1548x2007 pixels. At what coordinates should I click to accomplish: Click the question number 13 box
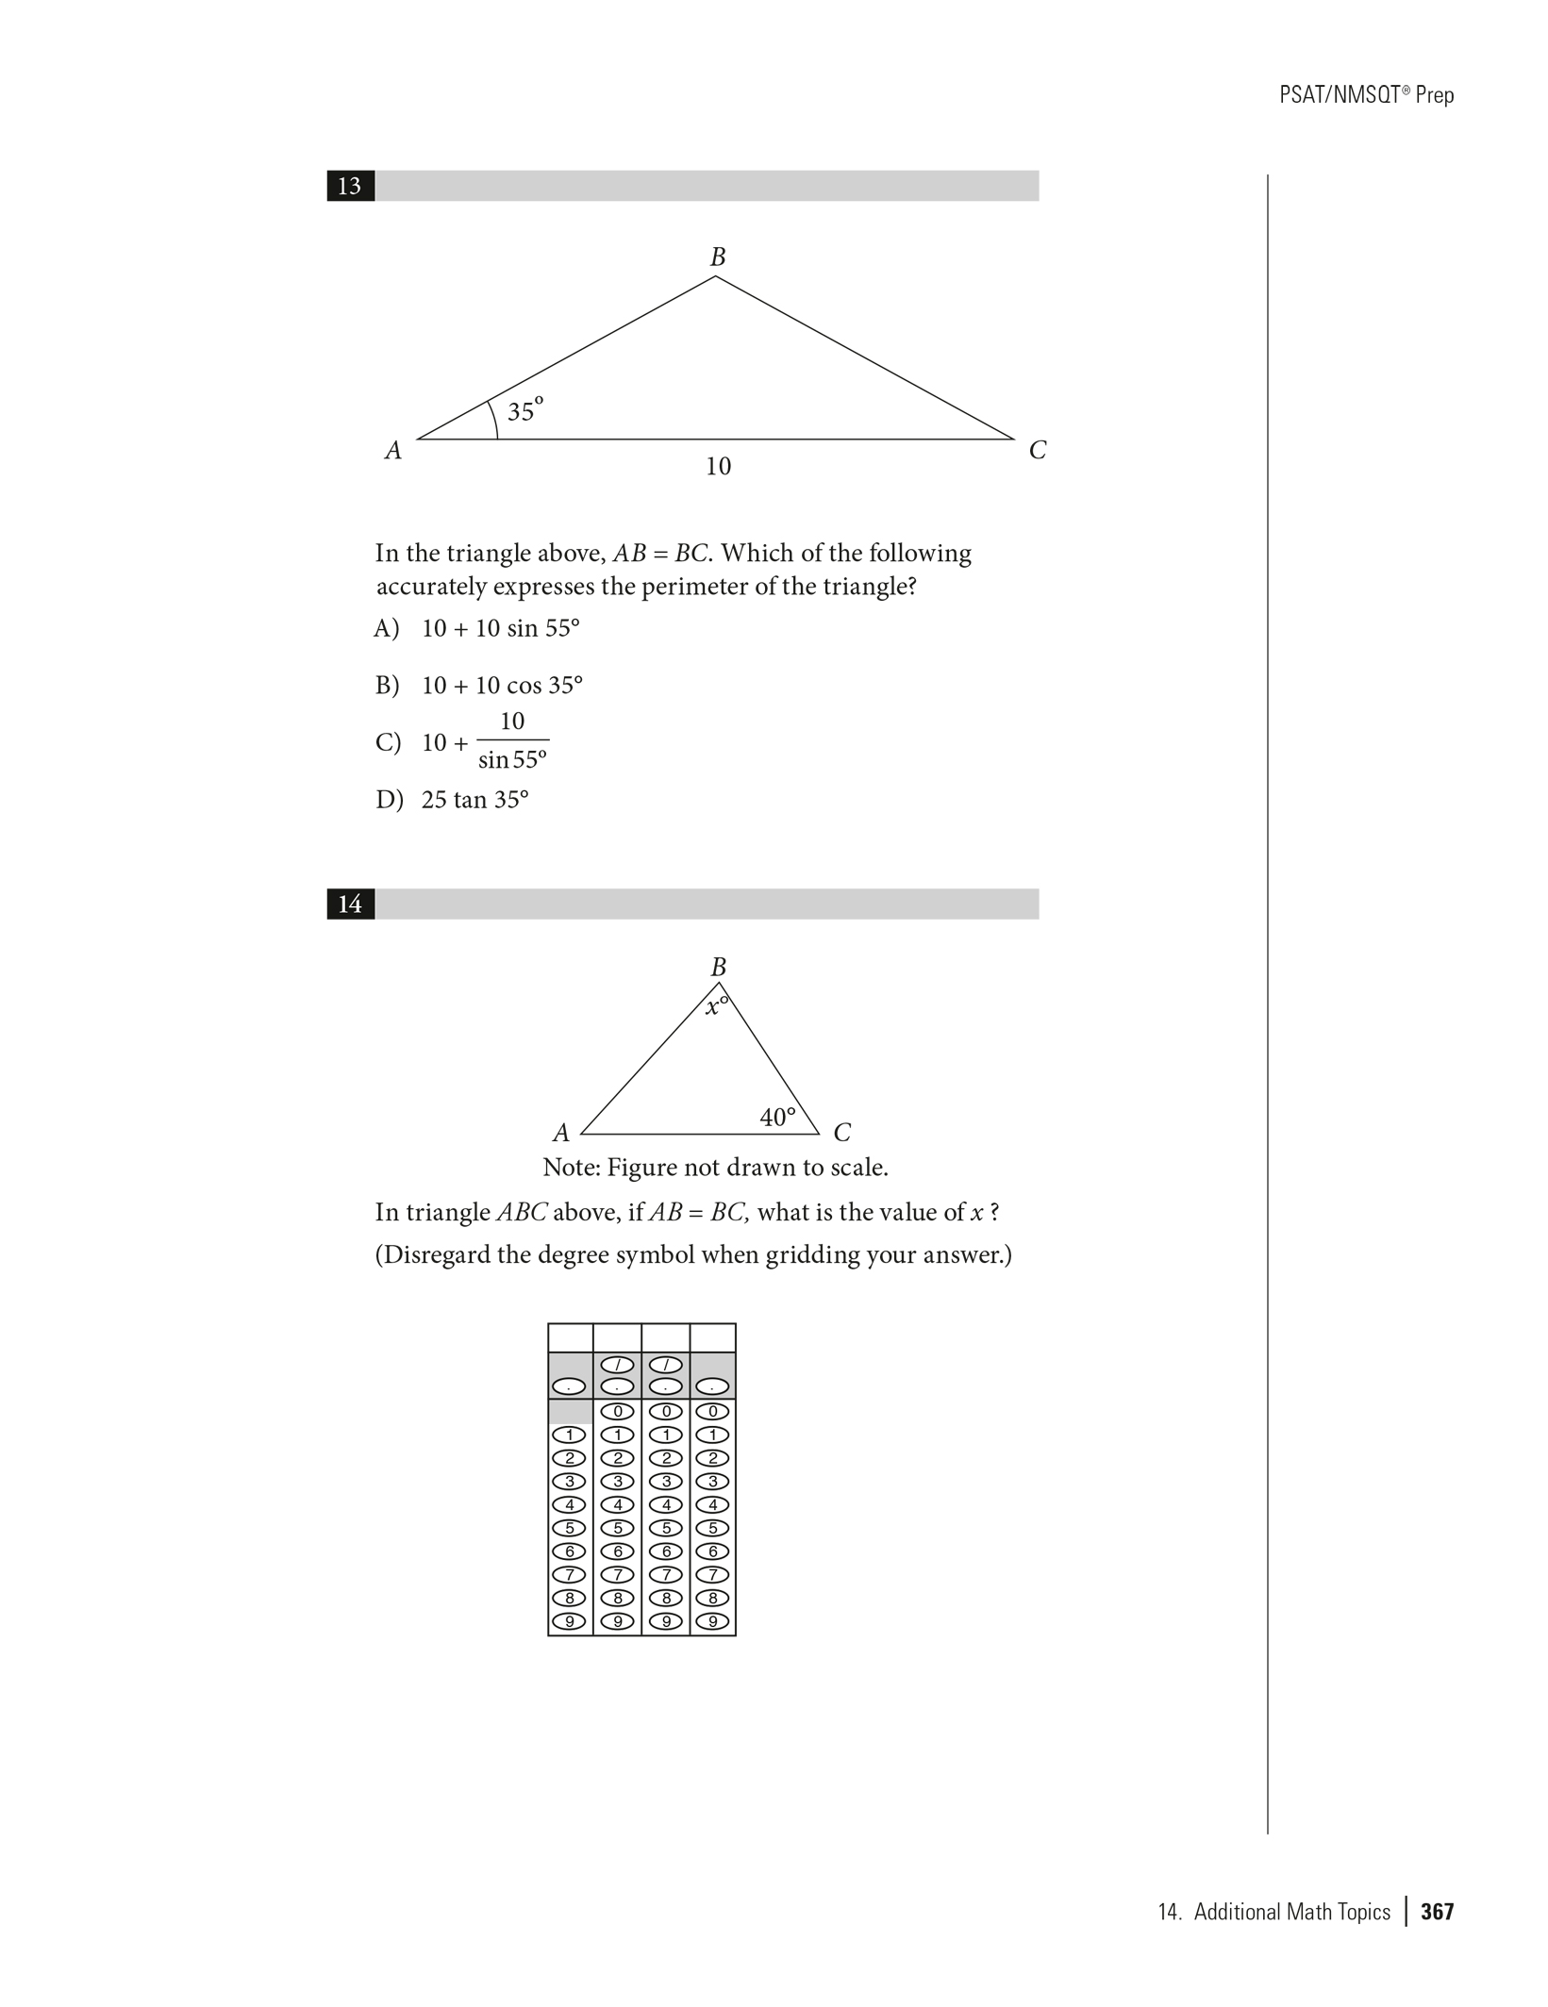(350, 186)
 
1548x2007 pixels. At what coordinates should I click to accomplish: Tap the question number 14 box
(350, 904)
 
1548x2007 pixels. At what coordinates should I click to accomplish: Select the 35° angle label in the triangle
(524, 411)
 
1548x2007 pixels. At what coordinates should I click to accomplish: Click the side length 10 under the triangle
(718, 466)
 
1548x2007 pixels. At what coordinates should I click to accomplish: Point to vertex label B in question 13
(718, 257)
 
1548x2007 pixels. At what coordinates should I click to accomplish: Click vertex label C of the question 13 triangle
(1038, 451)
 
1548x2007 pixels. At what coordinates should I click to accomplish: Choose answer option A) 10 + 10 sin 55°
(477, 629)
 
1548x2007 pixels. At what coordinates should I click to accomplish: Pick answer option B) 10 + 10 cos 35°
(479, 686)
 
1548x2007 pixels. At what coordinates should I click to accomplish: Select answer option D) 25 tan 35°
(452, 800)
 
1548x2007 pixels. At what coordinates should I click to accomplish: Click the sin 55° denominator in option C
(512, 759)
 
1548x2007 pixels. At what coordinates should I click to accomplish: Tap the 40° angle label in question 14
(777, 1118)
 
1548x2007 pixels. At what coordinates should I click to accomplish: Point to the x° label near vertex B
(717, 1005)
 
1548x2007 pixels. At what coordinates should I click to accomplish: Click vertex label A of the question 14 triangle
(561, 1132)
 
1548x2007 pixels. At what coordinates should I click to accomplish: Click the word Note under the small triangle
(571, 1168)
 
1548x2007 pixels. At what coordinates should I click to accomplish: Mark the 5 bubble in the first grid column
(570, 1528)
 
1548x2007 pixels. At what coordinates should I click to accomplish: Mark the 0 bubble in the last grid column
(713, 1412)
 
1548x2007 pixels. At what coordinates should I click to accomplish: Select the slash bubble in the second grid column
(617, 1365)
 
